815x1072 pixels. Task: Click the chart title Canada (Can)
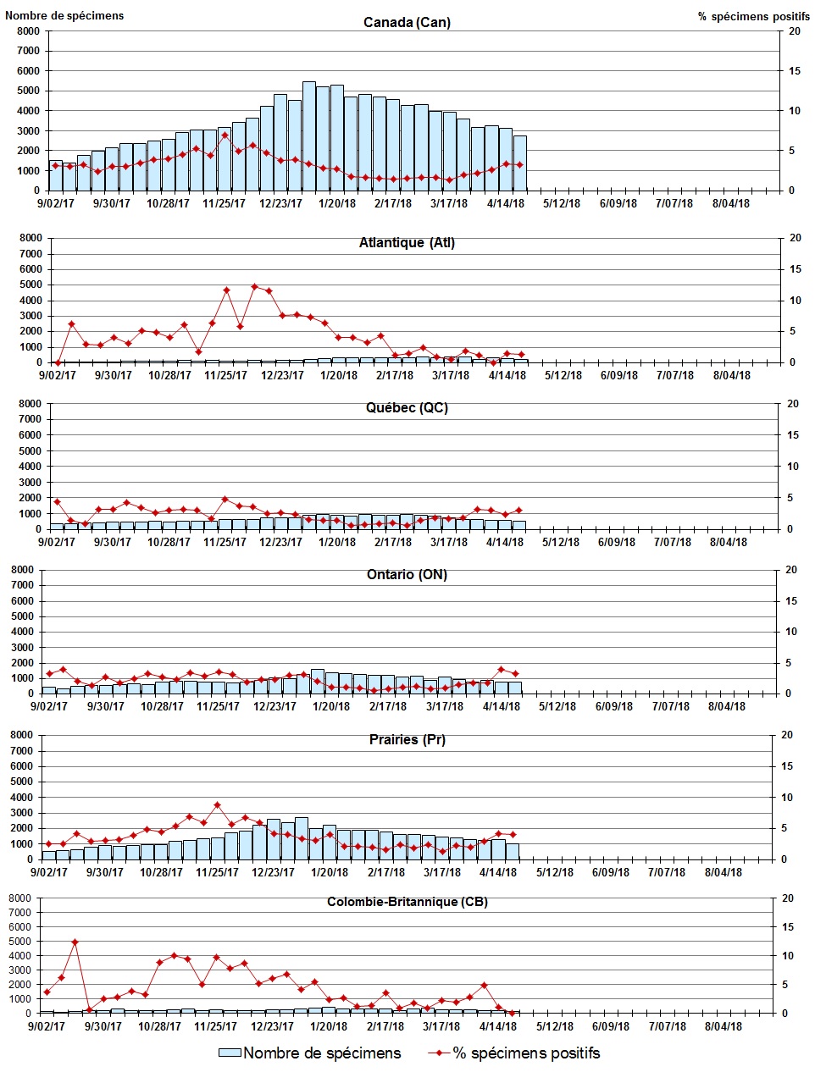point(407,22)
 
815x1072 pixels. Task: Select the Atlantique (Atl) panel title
point(407,243)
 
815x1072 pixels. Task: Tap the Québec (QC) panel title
point(407,408)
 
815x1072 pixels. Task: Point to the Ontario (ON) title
point(407,575)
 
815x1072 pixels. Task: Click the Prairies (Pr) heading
point(407,740)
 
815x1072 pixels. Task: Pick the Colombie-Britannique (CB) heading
point(407,902)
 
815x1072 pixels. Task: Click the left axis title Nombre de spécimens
point(64,15)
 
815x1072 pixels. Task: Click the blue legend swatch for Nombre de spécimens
point(230,1053)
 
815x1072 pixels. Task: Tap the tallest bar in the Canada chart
point(309,135)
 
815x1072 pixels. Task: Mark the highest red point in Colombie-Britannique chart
point(75,942)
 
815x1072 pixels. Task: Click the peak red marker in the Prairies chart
point(217,805)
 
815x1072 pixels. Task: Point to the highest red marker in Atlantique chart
point(254,286)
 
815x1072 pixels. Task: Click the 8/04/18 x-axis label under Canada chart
point(730,203)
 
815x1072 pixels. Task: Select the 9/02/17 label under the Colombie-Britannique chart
point(47,1026)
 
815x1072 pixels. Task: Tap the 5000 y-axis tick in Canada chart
point(29,91)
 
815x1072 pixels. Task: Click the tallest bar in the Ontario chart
point(317,681)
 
